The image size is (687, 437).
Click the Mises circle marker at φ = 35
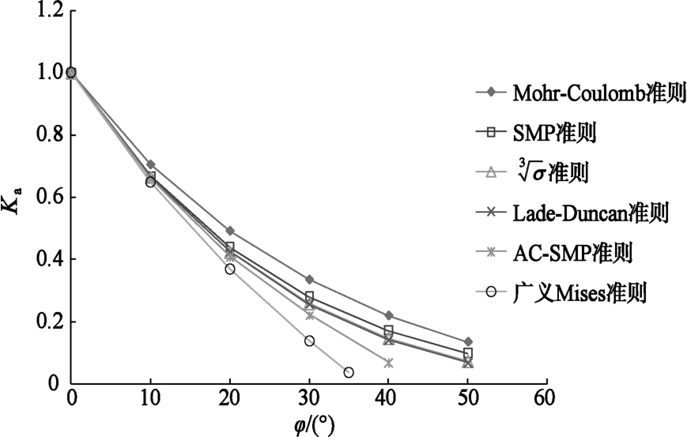click(x=349, y=372)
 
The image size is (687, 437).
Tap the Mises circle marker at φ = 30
click(x=309, y=341)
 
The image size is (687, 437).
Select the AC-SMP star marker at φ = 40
click(x=388, y=363)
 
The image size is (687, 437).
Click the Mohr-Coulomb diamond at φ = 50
click(x=468, y=341)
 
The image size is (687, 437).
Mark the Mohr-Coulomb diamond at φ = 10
click(x=150, y=164)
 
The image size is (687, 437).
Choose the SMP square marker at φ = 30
click(x=309, y=296)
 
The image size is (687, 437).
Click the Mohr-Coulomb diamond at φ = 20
click(x=230, y=231)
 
